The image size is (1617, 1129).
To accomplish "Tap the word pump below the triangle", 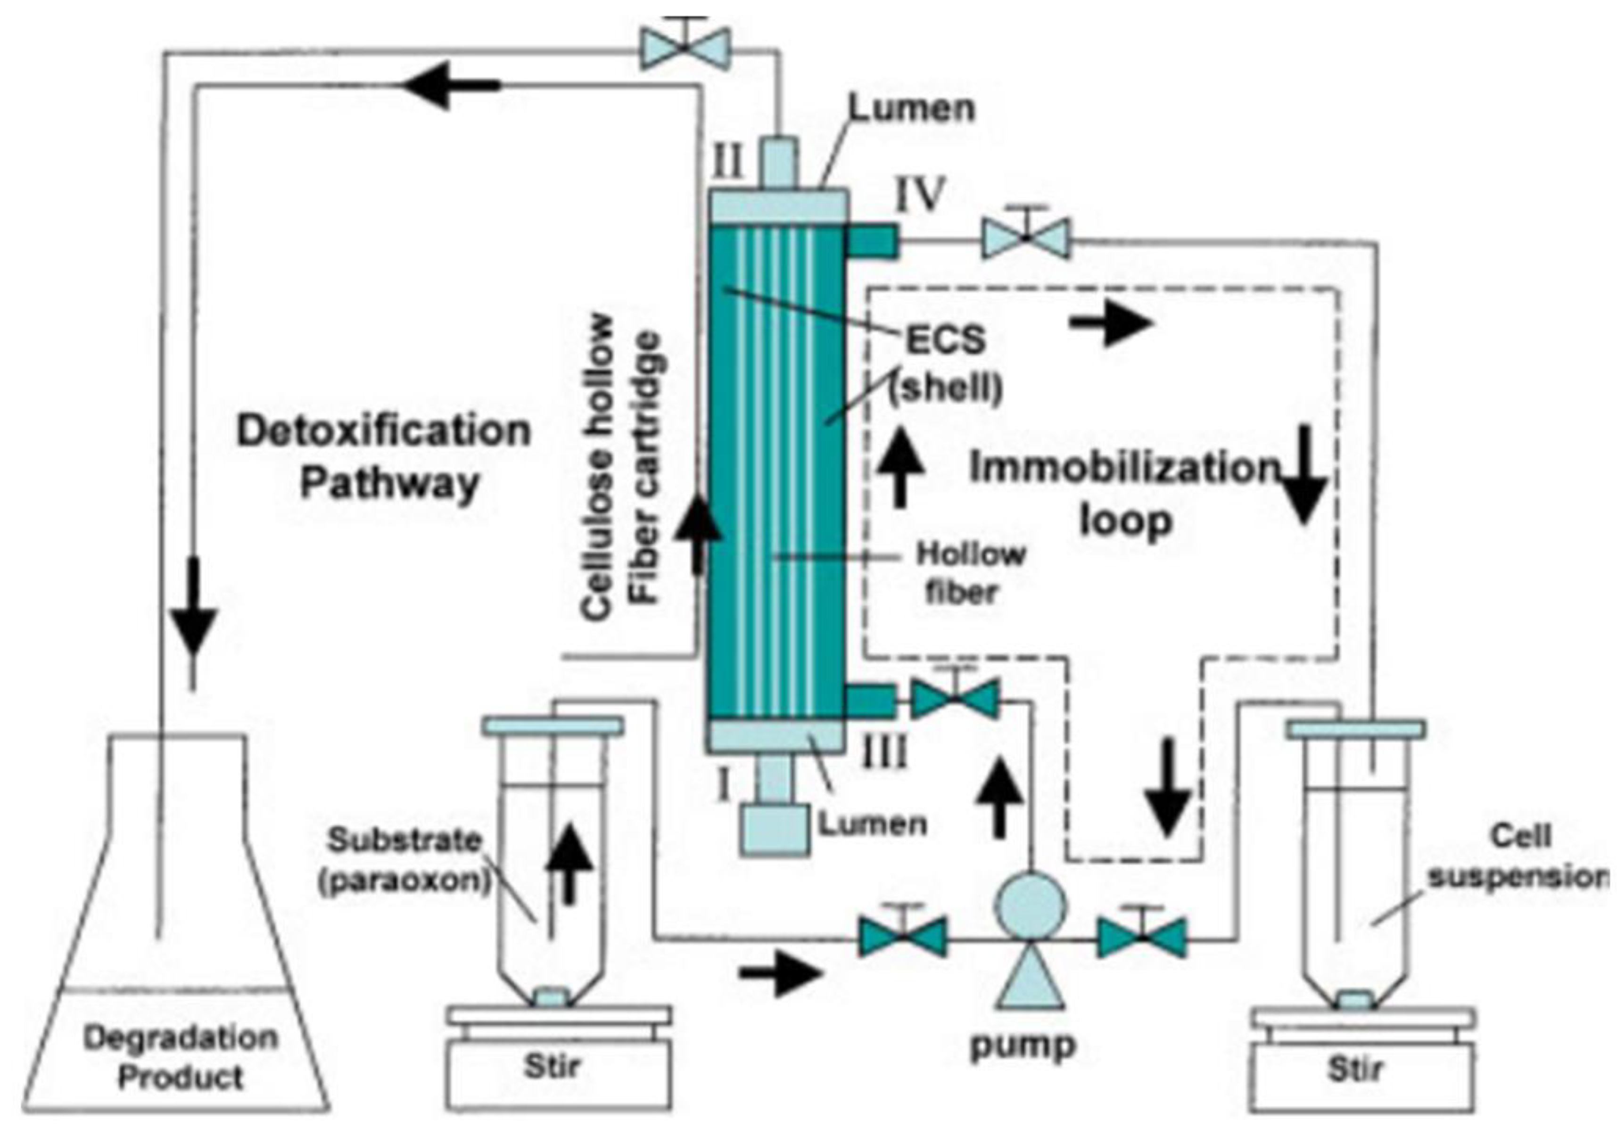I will tap(1023, 1045).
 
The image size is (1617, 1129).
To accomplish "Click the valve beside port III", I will tap(955, 699).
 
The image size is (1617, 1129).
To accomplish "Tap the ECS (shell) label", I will tap(945, 363).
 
